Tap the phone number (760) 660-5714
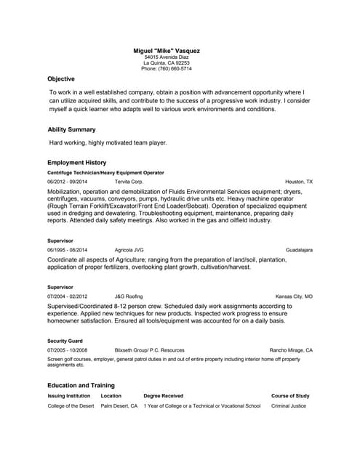point(167,68)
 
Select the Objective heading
point(61,78)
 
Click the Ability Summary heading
point(71,129)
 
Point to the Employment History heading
point(77,163)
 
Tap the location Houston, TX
point(299,182)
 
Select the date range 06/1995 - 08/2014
point(67,250)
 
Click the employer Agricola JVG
point(129,250)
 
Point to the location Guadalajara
point(299,250)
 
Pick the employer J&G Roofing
point(129,296)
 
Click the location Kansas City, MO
point(294,296)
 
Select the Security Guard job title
point(65,341)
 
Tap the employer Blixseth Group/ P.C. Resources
point(149,350)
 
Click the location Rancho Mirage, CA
point(291,350)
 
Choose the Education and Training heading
point(81,385)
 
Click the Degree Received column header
point(163,396)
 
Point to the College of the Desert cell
point(71,406)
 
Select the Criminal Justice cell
point(288,406)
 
